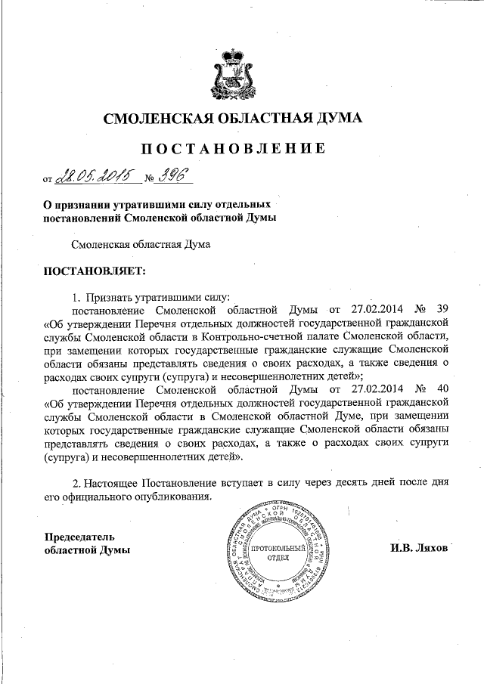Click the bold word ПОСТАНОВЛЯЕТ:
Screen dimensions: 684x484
pyautogui.click(x=91, y=270)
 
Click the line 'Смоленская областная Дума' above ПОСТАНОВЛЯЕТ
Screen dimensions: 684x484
pyautogui.click(x=140, y=243)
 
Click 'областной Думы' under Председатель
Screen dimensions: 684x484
pyautogui.click(x=85, y=549)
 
